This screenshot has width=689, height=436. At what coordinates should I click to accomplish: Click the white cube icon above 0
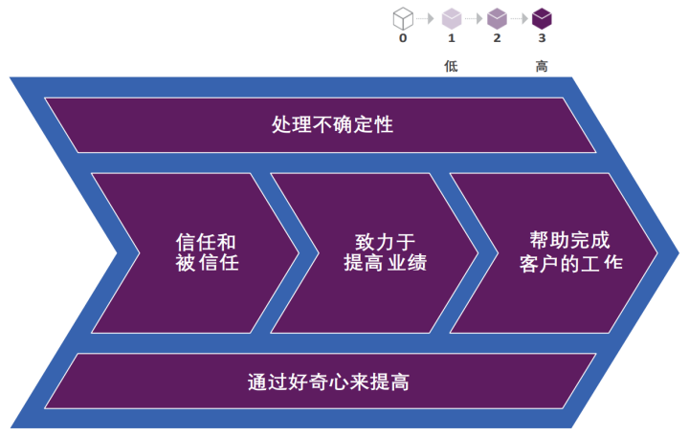tap(403, 17)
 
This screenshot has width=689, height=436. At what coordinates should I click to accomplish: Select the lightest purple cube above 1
tap(451, 17)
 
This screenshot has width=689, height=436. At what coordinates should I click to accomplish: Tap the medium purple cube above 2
tap(497, 17)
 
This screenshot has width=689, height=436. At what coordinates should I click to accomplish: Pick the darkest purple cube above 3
tap(543, 17)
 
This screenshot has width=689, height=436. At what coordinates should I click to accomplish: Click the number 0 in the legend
tap(403, 38)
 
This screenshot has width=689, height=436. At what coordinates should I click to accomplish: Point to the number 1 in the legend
tap(451, 38)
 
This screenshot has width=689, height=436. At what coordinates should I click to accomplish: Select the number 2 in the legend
tap(497, 38)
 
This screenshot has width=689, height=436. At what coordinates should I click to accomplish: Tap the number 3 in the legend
tap(543, 38)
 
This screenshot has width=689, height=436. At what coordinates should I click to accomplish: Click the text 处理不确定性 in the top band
tap(320, 125)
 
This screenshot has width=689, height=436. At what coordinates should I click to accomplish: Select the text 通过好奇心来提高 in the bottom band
tap(328, 381)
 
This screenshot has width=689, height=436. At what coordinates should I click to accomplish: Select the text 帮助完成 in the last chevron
tap(568, 240)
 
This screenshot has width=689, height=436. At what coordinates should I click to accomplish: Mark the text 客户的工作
tap(568, 261)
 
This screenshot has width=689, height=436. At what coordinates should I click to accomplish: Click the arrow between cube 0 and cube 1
tap(427, 18)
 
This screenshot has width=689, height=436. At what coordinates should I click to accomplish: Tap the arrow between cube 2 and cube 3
tap(520, 18)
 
